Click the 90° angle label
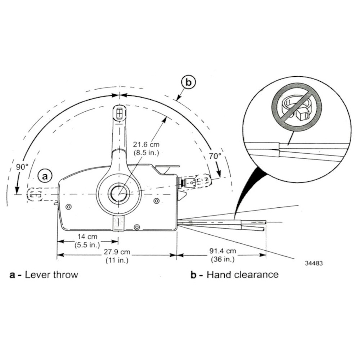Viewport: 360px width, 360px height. coord(22,167)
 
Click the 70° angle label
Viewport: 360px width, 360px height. coord(215,156)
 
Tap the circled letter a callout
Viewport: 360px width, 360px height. coord(45,176)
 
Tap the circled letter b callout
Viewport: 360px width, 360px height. coord(188,82)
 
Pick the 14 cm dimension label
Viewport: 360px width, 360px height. coord(88,240)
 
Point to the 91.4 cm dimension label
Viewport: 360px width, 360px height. coord(222,255)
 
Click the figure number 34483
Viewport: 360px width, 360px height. coord(314,263)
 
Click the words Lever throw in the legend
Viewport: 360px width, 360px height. coord(51,275)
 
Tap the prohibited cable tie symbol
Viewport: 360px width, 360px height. coord(296,107)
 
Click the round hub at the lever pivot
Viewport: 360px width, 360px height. coord(118,193)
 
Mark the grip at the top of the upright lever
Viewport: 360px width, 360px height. coord(118,113)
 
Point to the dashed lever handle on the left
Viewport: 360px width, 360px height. coord(35,194)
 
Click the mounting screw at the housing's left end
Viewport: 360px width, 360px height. coord(69,207)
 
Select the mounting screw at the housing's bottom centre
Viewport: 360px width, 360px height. coord(136,227)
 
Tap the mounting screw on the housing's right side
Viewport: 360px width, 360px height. coord(156,200)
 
